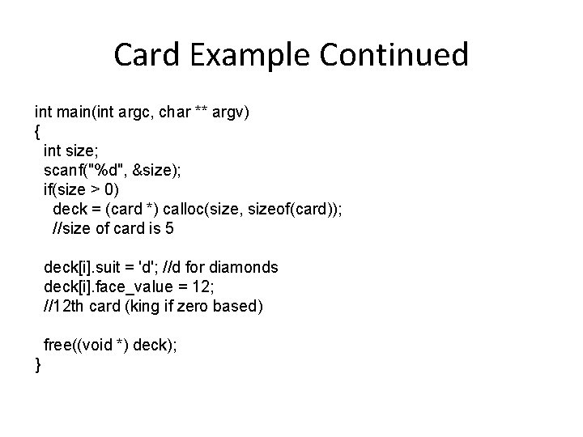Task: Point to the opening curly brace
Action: (x=38, y=130)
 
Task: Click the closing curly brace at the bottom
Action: (x=38, y=365)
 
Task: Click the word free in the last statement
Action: (x=57, y=345)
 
